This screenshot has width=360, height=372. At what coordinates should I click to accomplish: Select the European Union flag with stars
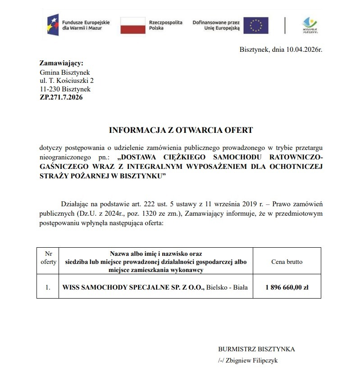coord(255,25)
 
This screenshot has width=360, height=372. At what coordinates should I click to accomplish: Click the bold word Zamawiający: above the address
coord(61,63)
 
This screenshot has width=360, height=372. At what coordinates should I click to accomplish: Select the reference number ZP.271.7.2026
coord(61,97)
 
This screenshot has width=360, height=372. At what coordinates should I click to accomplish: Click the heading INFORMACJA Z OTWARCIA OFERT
coord(181,131)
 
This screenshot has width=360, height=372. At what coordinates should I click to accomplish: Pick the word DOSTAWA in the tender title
coord(139,158)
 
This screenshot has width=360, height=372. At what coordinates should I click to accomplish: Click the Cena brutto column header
coord(287,262)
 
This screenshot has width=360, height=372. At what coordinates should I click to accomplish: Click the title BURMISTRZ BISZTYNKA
coord(256,349)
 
